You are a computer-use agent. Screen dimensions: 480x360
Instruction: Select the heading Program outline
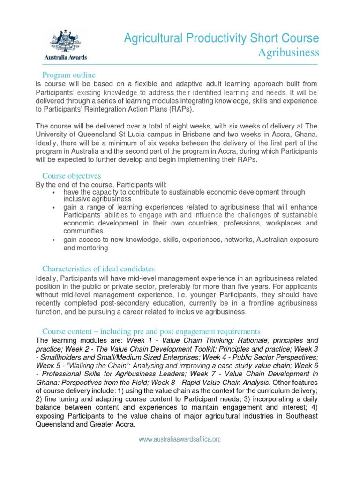(69, 75)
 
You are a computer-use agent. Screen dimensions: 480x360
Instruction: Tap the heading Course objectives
(72, 176)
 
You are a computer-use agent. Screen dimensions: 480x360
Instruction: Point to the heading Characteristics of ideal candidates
(98, 269)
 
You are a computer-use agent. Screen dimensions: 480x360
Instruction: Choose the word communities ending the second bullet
(83, 231)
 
